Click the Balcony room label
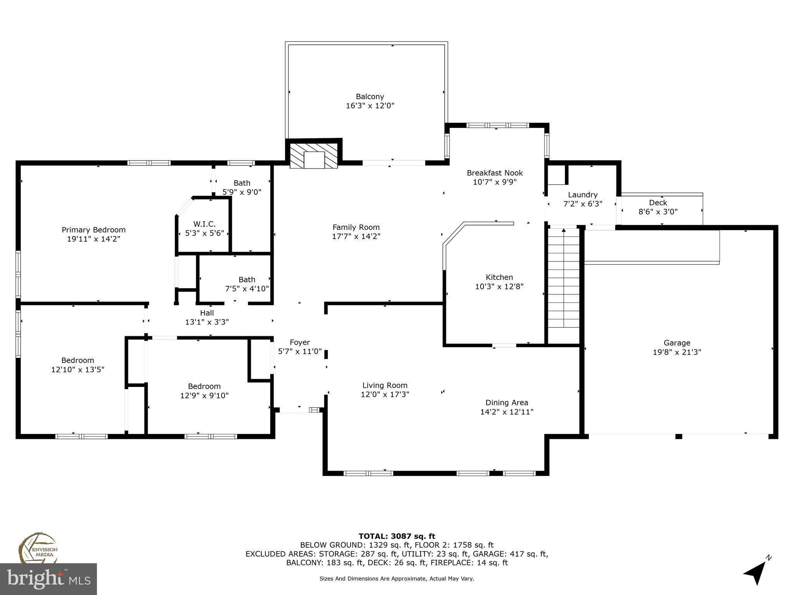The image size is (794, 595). coord(370,96)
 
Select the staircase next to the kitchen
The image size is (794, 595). coord(563,279)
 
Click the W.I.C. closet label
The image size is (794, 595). coord(204,224)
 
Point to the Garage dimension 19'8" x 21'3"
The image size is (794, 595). coord(677,352)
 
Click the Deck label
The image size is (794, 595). coord(658,203)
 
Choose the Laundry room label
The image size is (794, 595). coord(583,195)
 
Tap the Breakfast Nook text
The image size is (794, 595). coord(495,173)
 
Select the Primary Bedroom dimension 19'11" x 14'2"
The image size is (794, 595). coord(93,239)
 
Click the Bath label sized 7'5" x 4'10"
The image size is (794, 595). coord(247,280)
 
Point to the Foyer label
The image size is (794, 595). coord(300,342)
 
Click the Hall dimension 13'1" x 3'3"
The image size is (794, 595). coord(207,322)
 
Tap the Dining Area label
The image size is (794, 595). coord(507,402)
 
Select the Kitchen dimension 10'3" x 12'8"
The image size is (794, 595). coord(499,287)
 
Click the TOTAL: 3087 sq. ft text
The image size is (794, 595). coord(397,536)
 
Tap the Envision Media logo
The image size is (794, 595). coord(38,548)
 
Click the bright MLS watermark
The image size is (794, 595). coord(48,579)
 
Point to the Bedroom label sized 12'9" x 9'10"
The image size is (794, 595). coord(204,386)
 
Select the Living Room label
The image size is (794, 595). coord(385,385)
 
